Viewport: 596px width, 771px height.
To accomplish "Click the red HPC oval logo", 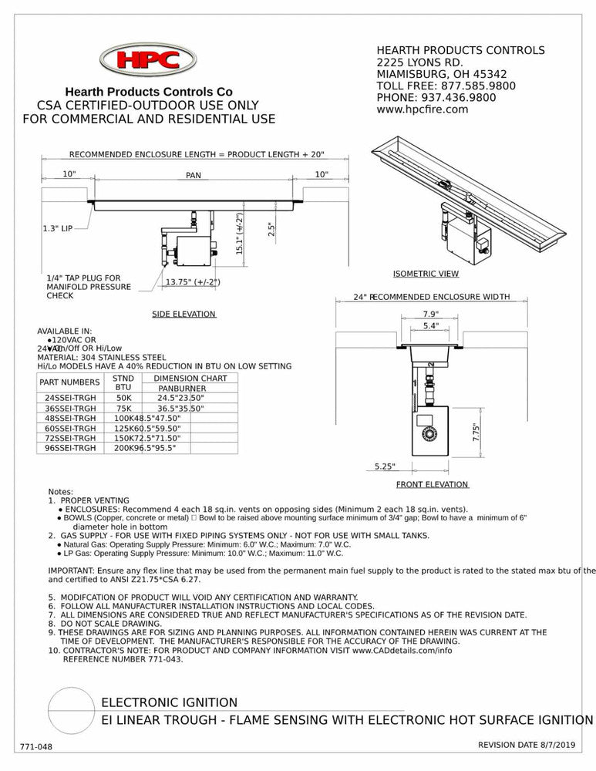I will tap(149, 60).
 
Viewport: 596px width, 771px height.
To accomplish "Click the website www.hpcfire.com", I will tap(422, 109).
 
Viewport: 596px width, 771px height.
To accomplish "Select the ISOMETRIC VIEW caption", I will tap(426, 274).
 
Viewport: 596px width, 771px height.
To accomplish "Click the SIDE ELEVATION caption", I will tap(184, 314).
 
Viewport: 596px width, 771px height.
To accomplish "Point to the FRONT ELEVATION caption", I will tap(432, 484).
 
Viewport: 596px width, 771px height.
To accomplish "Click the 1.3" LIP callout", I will tap(59, 229).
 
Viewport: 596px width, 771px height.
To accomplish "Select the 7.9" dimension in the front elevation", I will tap(431, 314).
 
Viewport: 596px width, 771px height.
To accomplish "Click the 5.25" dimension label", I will tap(385, 466).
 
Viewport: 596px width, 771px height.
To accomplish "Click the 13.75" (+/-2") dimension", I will tap(193, 282).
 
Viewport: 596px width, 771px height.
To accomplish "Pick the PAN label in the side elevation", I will tap(193, 176).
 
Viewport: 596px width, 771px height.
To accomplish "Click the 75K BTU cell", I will tap(123, 408).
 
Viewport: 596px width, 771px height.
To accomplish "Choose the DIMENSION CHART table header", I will tap(190, 379).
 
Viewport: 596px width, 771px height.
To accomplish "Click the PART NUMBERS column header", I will tap(69, 382).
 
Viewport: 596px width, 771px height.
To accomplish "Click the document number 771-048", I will tap(36, 747).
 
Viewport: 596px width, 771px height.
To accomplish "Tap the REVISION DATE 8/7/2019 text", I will tap(526, 745).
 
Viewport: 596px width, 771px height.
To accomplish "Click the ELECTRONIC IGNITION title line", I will tap(170, 702).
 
